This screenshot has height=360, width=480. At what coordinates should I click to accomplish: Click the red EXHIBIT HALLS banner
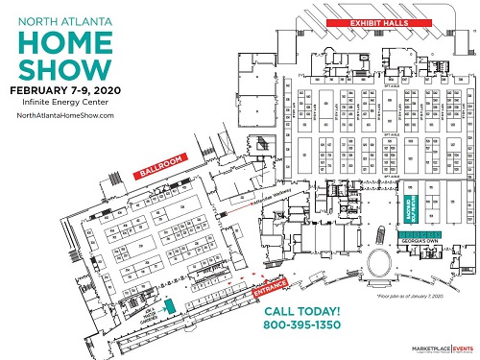click(362, 22)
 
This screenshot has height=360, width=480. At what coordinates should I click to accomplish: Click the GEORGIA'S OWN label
click(413, 244)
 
